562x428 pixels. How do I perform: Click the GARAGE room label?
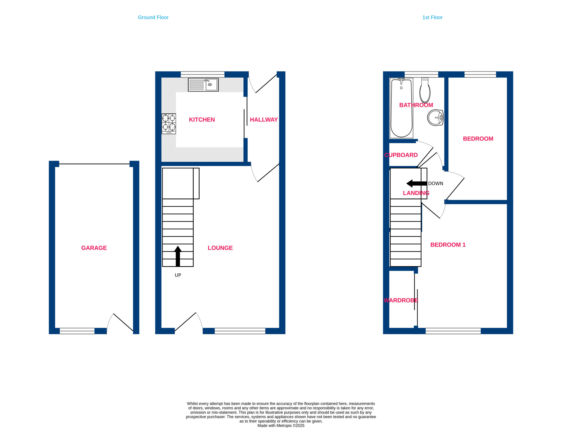coord(94,248)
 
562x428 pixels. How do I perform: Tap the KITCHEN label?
coord(202,120)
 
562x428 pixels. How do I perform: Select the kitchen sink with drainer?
coord(203,85)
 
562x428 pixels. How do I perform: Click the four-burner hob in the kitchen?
coord(169,124)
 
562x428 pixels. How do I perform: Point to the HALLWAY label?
coord(264,120)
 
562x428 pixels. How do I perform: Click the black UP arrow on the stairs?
coord(178,256)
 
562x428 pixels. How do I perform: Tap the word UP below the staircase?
coord(178,275)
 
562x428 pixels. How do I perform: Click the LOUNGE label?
coord(220,248)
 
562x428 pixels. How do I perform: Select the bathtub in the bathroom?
coord(402,108)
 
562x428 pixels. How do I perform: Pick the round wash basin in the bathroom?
coord(435,118)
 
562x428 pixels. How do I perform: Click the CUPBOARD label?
coord(401,155)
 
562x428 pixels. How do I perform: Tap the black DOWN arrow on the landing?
coord(416,183)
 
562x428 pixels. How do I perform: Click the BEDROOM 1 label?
coord(448,245)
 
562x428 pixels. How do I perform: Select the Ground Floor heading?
coord(153,17)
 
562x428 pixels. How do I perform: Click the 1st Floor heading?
coord(432,17)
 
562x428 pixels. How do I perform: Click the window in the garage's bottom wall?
coord(77,331)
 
